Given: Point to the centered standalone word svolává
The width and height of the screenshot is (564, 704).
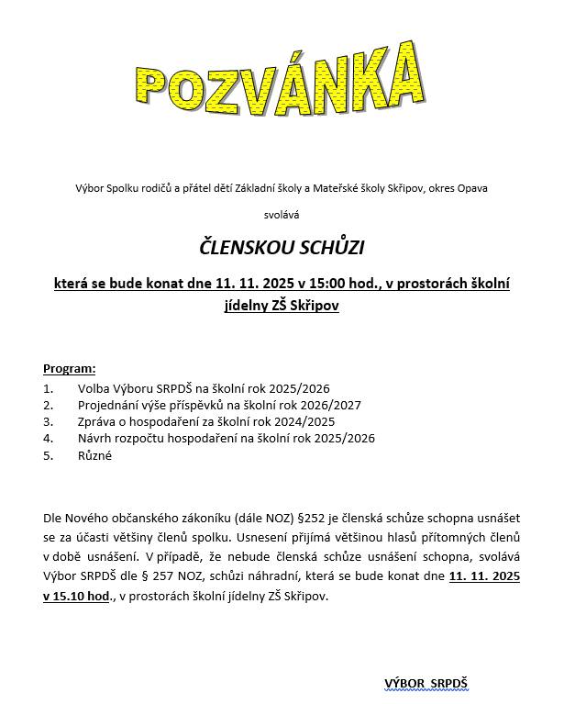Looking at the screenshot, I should click(282, 215).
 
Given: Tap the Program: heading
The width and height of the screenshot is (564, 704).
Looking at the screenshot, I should click(69, 369).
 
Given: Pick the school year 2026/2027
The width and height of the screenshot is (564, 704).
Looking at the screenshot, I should click(330, 405).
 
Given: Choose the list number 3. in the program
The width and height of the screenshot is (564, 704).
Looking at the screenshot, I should click(49, 421).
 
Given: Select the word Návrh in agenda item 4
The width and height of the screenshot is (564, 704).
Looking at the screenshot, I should click(95, 438).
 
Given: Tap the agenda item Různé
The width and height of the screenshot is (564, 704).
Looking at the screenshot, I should click(94, 455).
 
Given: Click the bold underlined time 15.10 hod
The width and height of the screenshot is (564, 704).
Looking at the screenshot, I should click(77, 596).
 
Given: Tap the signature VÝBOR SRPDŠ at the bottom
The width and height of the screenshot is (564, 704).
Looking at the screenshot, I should click(426, 683).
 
